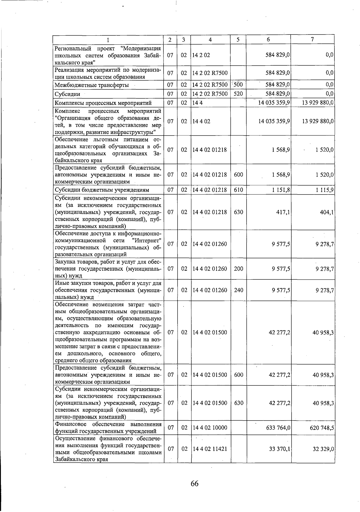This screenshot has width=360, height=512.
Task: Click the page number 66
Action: [194, 483]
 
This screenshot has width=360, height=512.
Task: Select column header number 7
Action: [312, 40]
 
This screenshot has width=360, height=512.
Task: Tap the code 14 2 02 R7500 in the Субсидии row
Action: [210, 94]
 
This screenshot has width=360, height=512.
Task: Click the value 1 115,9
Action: [325, 190]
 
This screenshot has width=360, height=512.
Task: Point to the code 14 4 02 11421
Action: [210, 449]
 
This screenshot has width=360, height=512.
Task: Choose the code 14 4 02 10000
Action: [210, 428]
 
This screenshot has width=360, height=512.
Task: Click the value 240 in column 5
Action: [238, 290]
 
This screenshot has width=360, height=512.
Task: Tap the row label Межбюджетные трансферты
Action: [92, 85]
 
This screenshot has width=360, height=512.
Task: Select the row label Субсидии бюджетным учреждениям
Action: [102, 190]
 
